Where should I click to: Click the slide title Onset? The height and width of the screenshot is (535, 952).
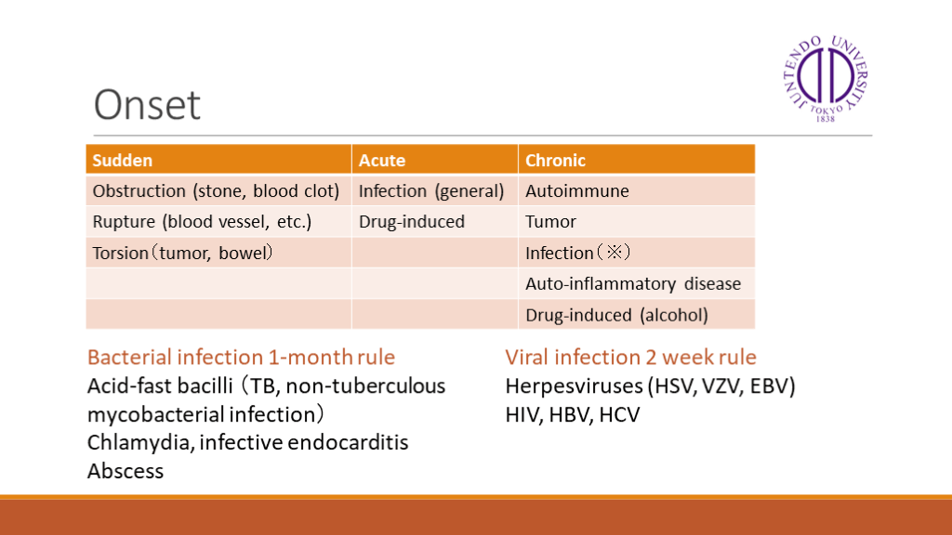point(147,105)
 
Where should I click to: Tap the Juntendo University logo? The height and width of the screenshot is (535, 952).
point(826,78)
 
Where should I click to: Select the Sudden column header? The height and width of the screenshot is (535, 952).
point(218,160)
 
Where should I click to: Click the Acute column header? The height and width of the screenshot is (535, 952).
point(435,160)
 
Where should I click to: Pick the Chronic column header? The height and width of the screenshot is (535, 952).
point(636,160)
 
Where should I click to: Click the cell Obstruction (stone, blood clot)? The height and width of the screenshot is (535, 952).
point(218,191)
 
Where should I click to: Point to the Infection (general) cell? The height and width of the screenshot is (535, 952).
point(435,191)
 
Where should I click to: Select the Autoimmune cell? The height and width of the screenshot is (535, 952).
point(636,191)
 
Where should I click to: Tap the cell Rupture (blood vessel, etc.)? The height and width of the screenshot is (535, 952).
point(218,222)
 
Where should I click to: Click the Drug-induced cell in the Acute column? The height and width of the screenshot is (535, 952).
point(435,222)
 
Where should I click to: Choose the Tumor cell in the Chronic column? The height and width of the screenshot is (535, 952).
point(636,222)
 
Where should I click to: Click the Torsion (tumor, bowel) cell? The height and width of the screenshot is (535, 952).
point(218,253)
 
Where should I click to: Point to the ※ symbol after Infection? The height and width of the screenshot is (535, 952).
point(614,252)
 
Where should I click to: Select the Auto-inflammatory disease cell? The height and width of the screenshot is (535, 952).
point(636,284)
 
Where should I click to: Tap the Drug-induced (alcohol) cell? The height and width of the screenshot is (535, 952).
point(636,315)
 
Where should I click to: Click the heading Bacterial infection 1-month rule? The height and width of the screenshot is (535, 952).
point(241,358)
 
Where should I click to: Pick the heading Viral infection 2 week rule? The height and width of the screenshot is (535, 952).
point(631,358)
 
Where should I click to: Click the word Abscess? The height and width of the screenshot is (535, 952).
point(126,471)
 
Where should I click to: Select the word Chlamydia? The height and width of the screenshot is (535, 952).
point(139,443)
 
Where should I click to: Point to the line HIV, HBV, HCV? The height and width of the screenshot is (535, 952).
point(573,415)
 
